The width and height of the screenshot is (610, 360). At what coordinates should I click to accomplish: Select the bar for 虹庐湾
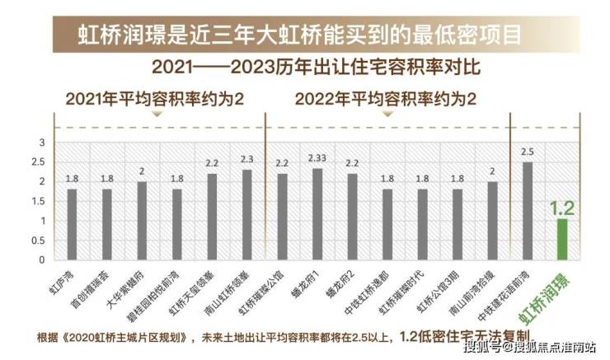tap(72, 224)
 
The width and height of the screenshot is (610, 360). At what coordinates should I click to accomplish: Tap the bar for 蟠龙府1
tap(317, 214)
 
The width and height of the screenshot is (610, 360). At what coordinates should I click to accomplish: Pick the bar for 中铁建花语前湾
tap(528, 211)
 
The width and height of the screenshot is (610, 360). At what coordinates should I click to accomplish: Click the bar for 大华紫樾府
tap(142, 221)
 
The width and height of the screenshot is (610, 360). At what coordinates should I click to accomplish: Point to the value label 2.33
tap(317, 158)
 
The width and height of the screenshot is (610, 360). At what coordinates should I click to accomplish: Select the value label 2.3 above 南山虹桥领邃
tap(246, 160)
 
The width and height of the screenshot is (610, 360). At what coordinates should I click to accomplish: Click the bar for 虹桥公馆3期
tap(457, 224)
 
